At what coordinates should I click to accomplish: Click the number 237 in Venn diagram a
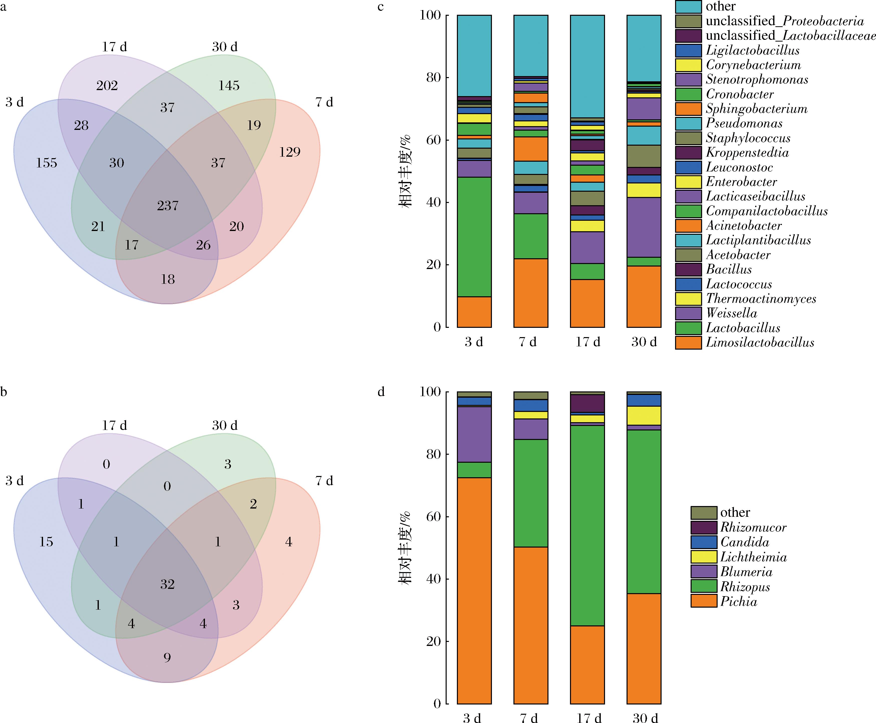168,206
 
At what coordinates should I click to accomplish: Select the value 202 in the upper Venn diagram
107,86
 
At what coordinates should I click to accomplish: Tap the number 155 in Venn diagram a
46,163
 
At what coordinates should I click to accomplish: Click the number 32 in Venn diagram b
167,584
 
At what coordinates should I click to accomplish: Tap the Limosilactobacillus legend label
760,342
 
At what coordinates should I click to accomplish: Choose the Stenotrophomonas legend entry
757,80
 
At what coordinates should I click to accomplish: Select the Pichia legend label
739,601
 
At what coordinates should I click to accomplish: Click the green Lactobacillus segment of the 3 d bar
474,236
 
